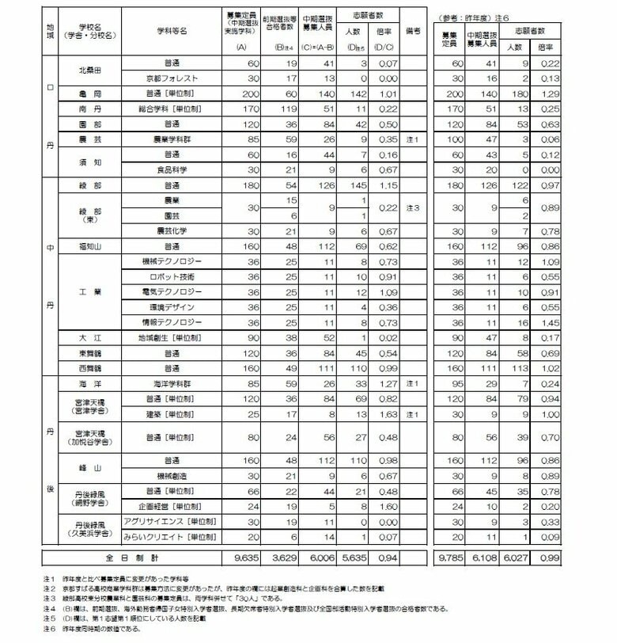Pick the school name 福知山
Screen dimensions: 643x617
88,245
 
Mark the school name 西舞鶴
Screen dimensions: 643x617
88,368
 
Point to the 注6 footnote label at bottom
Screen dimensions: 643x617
49,629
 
